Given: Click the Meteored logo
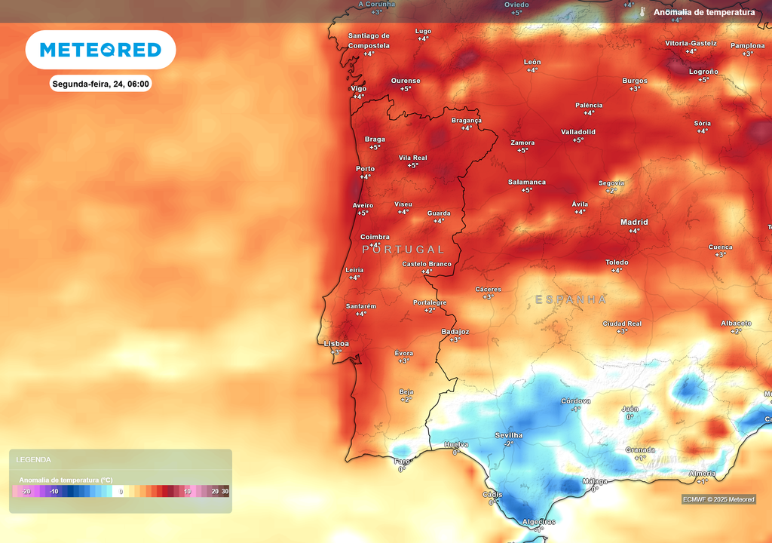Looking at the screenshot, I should (x=100, y=50).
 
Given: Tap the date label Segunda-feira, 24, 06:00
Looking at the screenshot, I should (x=100, y=84).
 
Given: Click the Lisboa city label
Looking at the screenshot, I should (x=336, y=343).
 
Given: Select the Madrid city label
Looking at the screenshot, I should (x=634, y=222).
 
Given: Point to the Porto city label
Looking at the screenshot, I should (x=365, y=169).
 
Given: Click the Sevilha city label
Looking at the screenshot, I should (x=509, y=435).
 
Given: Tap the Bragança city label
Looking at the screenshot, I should (x=466, y=120).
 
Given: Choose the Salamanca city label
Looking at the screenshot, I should (x=526, y=182).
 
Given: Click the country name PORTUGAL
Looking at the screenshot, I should (x=403, y=250).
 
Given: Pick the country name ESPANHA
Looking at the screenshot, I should (x=571, y=299).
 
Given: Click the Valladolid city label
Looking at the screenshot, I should (x=577, y=132).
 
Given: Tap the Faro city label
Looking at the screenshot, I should (x=402, y=461).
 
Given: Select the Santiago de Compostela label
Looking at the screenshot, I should (x=369, y=41).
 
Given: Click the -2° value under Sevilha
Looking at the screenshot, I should (x=508, y=444).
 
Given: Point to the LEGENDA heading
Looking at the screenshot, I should (x=34, y=459).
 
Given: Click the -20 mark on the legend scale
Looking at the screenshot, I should (x=26, y=492).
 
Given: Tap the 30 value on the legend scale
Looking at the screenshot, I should (x=225, y=492).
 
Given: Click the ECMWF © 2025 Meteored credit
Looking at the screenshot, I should (x=718, y=499).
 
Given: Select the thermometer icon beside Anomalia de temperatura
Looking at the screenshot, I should (x=642, y=12).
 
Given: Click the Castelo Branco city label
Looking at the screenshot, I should (x=427, y=264).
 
